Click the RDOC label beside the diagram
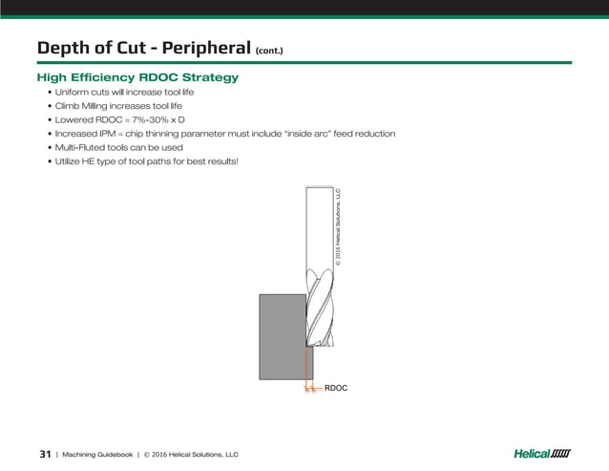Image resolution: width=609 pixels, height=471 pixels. (x=336, y=389)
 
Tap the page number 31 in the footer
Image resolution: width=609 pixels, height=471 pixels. (x=44, y=453)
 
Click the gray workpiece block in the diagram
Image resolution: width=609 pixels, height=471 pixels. (x=280, y=334)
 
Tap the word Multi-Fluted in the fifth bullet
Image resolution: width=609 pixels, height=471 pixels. (x=84, y=147)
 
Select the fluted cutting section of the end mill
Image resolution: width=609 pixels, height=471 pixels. (x=319, y=306)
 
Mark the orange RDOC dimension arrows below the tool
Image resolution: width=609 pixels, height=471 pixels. (x=307, y=389)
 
